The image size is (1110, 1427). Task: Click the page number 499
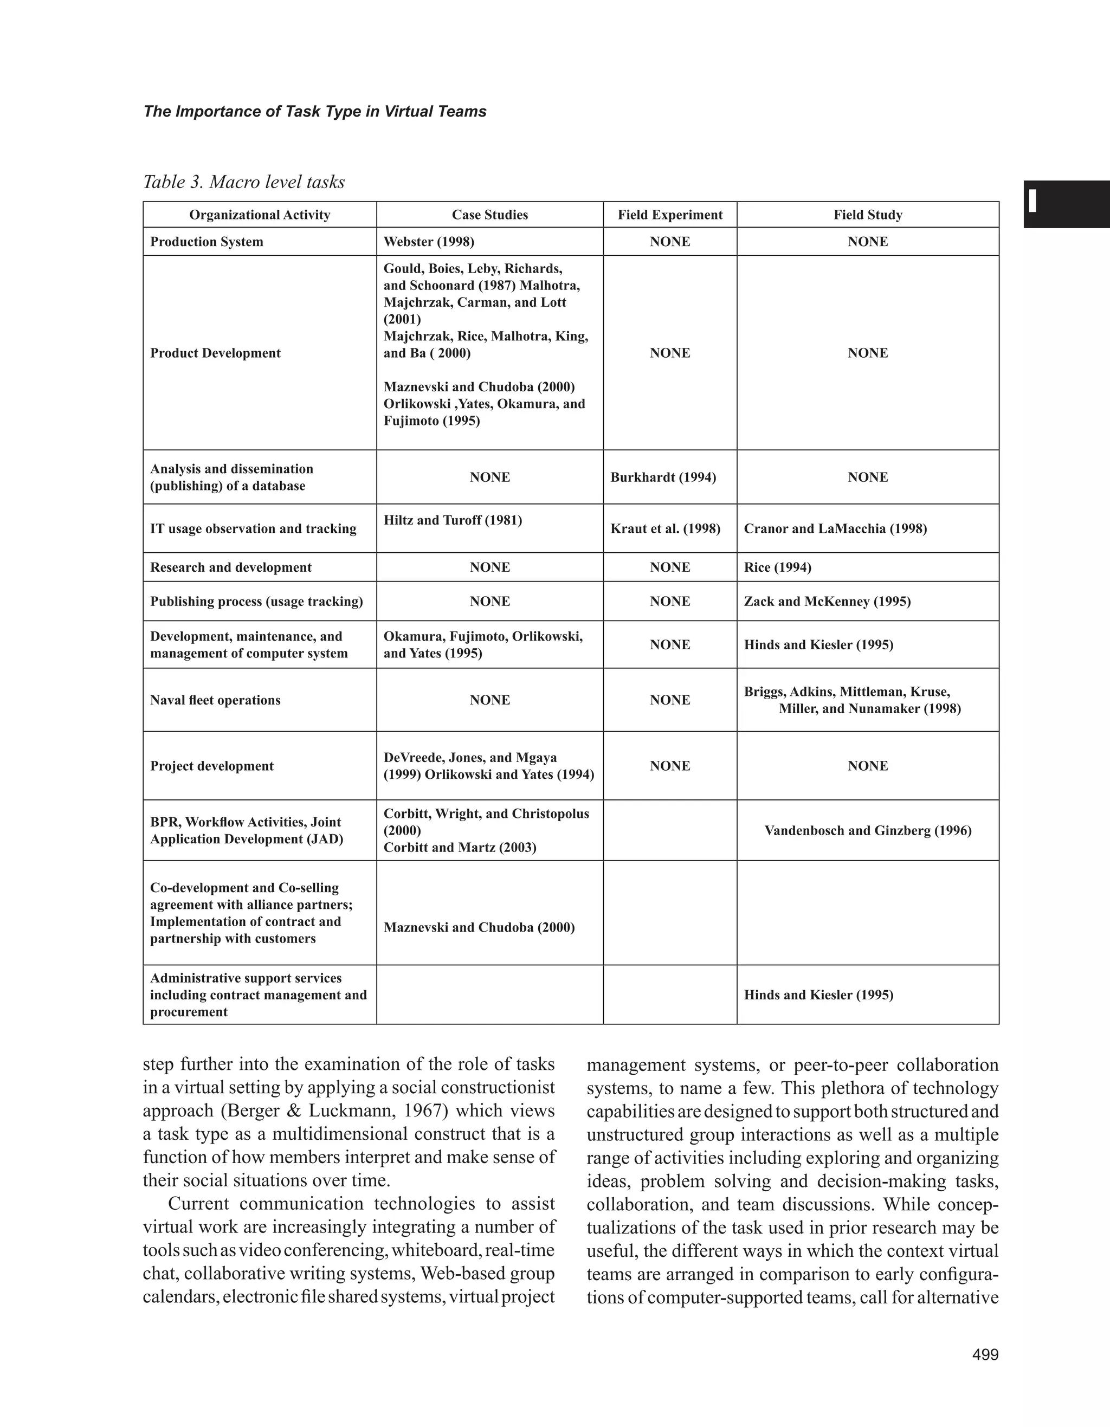coord(985,1354)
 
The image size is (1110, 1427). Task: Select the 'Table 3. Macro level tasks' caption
coord(244,182)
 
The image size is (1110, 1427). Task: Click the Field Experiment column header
coord(670,215)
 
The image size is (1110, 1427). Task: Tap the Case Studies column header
coord(489,215)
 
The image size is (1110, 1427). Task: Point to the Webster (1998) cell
coord(429,242)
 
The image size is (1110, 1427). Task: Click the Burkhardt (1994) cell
coord(662,477)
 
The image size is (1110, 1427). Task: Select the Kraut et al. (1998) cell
coord(665,528)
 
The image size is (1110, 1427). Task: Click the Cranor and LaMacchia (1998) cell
coord(835,528)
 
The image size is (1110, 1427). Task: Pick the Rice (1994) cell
coord(777,567)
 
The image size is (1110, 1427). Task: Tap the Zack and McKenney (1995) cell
coord(827,601)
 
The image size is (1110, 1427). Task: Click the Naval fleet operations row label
coord(215,700)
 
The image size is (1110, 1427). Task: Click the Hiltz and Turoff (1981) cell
coord(452,520)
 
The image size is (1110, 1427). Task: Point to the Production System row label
coord(206,242)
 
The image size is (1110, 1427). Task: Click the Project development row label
coord(212,766)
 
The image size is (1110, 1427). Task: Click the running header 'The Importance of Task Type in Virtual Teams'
coord(314,112)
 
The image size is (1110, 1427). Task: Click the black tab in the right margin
coord(1066,204)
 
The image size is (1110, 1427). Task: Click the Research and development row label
coord(231,567)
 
